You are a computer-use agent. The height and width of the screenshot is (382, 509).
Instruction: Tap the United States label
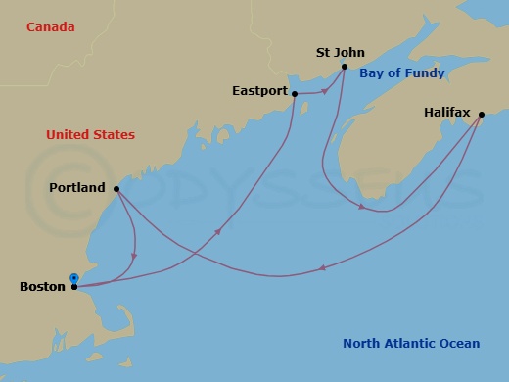(90, 134)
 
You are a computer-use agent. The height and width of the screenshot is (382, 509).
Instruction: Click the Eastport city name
(259, 91)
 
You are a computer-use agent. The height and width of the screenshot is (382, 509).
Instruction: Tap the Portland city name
(77, 188)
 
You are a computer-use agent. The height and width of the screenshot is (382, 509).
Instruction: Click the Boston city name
(42, 287)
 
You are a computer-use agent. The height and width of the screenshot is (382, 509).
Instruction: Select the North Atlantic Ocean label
(411, 343)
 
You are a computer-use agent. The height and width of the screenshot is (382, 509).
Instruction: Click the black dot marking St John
(345, 68)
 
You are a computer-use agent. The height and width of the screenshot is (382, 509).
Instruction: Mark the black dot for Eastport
(295, 94)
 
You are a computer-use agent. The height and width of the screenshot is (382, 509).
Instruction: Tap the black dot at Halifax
(481, 115)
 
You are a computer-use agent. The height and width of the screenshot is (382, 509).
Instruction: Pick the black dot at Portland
(116, 189)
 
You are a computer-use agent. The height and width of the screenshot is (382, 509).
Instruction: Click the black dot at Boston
(74, 287)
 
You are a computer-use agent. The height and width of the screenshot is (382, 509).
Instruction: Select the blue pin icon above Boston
(74, 277)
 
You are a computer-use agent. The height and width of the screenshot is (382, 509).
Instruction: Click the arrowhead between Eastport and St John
(324, 92)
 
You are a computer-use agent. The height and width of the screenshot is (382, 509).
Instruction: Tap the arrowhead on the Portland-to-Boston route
(133, 258)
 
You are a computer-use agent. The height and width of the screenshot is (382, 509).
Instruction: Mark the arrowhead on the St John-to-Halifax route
(363, 207)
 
